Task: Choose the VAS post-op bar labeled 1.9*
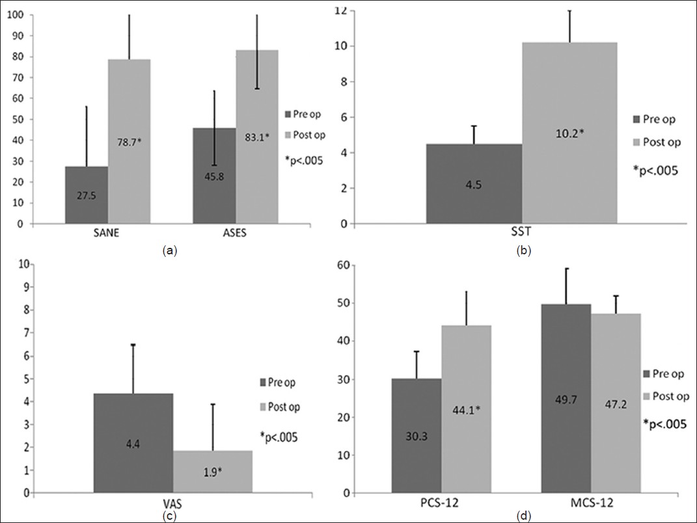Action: pyautogui.click(x=212, y=472)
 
